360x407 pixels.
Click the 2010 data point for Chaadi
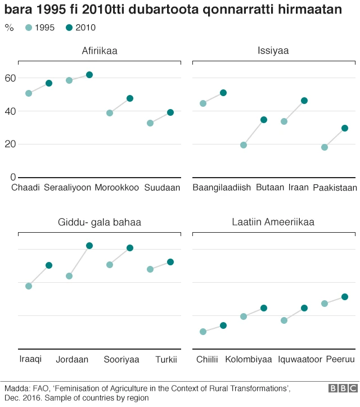tap(49, 83)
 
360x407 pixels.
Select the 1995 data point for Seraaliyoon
tap(69, 80)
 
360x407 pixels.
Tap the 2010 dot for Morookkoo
tap(130, 98)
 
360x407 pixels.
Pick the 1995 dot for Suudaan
tap(150, 123)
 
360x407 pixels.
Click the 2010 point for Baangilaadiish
tap(223, 93)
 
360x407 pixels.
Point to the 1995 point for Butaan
tap(244, 145)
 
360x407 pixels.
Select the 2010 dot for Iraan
tap(304, 101)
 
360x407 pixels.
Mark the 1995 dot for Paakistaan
tap(325, 147)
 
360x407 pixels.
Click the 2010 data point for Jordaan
tap(89, 246)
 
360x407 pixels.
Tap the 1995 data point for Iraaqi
tap(29, 286)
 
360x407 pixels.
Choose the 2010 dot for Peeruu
tap(345, 297)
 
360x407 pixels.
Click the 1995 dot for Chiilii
tap(203, 332)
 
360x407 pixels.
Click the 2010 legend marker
tap(69, 28)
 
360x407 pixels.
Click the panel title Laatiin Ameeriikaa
tap(273, 223)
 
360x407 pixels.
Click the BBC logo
tap(343, 388)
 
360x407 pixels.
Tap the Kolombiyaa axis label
tap(248, 360)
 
